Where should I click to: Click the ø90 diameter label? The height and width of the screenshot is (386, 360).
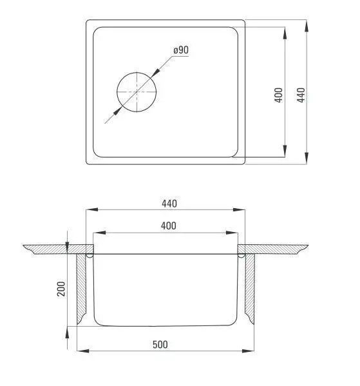181,50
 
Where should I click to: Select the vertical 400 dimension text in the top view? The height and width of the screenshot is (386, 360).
279,95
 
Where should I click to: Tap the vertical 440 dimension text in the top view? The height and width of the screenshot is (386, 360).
301,95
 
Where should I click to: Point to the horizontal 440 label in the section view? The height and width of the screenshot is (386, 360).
169,204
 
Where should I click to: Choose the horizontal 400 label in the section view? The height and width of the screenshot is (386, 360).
169,226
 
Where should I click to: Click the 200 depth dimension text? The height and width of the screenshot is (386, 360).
61,289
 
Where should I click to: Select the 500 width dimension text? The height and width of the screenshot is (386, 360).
160,344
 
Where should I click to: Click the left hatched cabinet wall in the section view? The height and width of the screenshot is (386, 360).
81,289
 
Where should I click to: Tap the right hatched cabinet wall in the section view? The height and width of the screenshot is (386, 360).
249,289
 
